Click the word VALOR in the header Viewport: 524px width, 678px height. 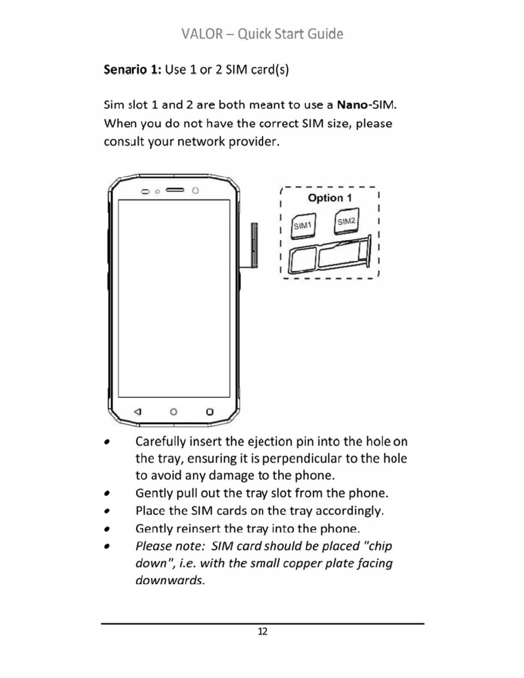[202, 34]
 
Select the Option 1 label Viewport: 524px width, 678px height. [330, 198]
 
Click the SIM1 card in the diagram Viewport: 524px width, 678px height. [303, 226]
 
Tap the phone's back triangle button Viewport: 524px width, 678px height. [137, 412]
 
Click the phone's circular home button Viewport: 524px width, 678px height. [173, 412]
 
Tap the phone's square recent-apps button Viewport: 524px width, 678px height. [209, 412]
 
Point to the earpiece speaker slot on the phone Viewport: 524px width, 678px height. [175, 190]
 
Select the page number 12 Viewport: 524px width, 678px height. [262, 631]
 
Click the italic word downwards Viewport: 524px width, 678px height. [170, 580]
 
